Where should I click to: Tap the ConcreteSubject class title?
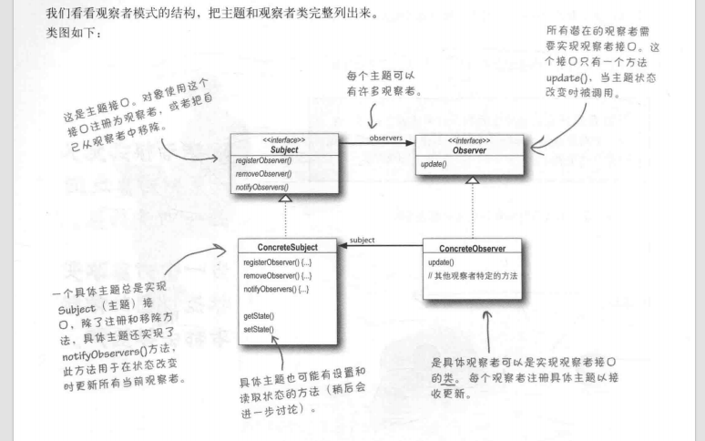[284, 248]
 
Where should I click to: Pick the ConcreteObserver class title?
[474, 248]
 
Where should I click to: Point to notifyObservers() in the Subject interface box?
[265, 187]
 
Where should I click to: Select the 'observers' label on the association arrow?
[386, 138]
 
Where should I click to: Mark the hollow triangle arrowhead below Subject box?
[285, 199]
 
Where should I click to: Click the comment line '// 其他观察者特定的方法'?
[473, 275]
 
